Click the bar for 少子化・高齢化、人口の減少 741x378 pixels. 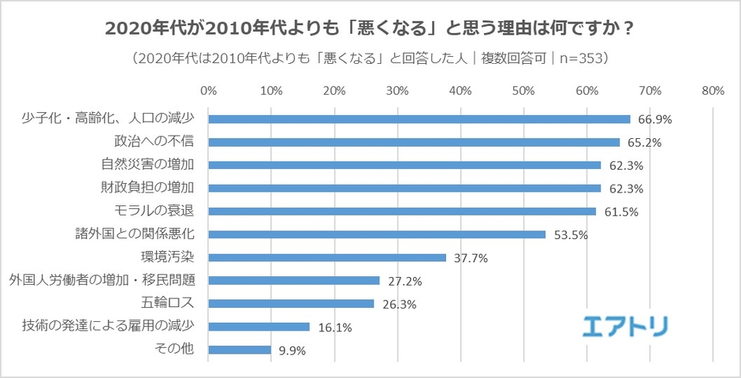[419, 119]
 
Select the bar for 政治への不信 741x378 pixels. [414, 142]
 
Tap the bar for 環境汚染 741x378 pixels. [327, 257]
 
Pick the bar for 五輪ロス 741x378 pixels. [291, 303]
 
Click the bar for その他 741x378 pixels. [240, 350]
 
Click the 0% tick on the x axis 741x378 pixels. [208, 90]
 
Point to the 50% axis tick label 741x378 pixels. [523, 90]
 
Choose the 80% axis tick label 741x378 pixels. [713, 90]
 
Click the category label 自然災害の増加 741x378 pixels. [148, 165]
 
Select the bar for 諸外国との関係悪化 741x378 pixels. [377, 234]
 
